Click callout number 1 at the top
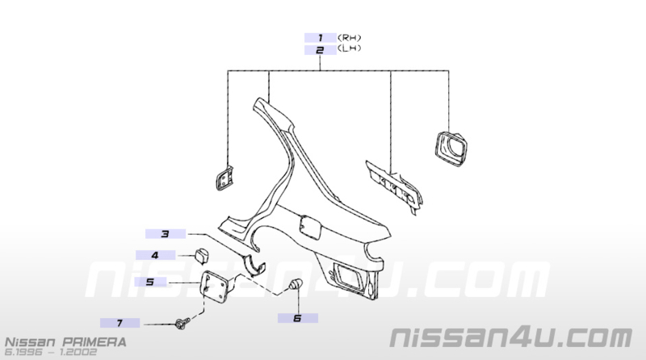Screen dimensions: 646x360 320,38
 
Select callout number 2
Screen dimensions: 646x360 320,50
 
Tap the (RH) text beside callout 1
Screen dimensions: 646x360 350,37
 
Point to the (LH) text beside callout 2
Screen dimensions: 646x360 350,48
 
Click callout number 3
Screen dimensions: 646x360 166,234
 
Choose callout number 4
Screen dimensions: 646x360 155,255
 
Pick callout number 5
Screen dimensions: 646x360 150,283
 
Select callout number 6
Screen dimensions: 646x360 297,318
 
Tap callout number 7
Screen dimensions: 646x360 120,323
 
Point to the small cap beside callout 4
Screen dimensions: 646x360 201,256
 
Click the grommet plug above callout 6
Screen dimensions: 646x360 295,283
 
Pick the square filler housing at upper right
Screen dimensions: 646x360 451,149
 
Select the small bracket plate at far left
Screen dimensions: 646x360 224,178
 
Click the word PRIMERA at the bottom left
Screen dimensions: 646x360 94,342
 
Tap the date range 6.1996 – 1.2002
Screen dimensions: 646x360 51,352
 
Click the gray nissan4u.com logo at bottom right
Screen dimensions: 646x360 511,337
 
